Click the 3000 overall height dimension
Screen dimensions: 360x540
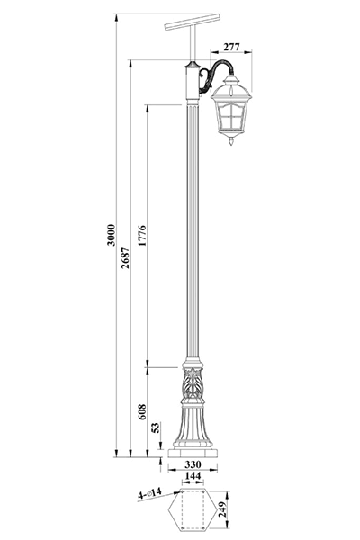(x=111, y=235)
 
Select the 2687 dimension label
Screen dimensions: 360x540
(x=125, y=258)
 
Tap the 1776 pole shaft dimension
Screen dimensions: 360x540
(x=142, y=236)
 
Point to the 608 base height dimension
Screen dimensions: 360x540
(x=142, y=412)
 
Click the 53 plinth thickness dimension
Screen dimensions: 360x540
(x=157, y=427)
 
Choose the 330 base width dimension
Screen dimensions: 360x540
(x=193, y=464)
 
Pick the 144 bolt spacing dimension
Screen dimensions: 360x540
(x=193, y=476)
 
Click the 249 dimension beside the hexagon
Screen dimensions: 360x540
(x=223, y=509)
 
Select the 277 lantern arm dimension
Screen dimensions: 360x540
(x=231, y=47)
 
